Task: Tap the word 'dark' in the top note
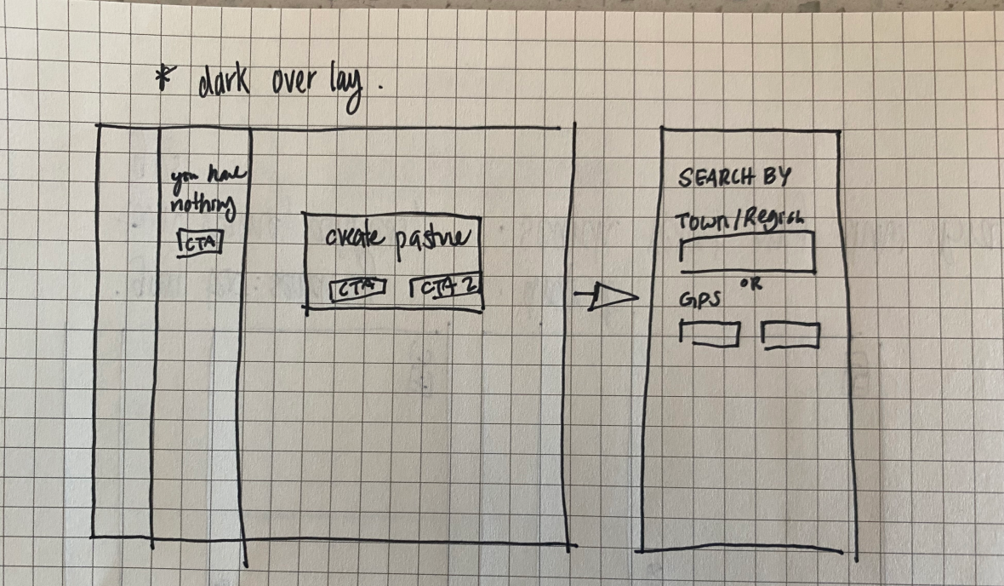pos(217,83)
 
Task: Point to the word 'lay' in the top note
pos(350,86)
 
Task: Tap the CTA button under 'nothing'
pos(200,243)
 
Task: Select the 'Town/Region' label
pos(739,221)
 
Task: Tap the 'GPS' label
pos(698,301)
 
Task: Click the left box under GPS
pos(710,334)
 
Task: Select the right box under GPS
pos(790,335)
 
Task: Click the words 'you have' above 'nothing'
pos(208,175)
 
